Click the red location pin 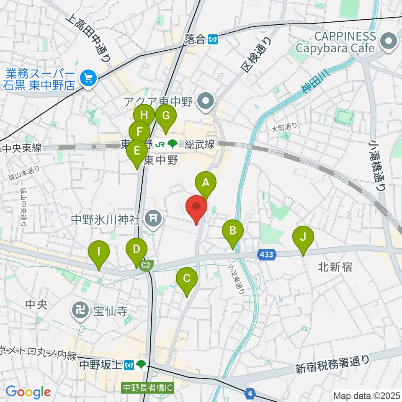196,207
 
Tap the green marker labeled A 206,183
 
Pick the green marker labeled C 186,278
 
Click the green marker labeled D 137,249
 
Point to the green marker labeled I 99,252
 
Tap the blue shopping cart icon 88,77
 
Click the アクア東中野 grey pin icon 206,100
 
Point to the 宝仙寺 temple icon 80,310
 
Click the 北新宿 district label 335,266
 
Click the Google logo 28,392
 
